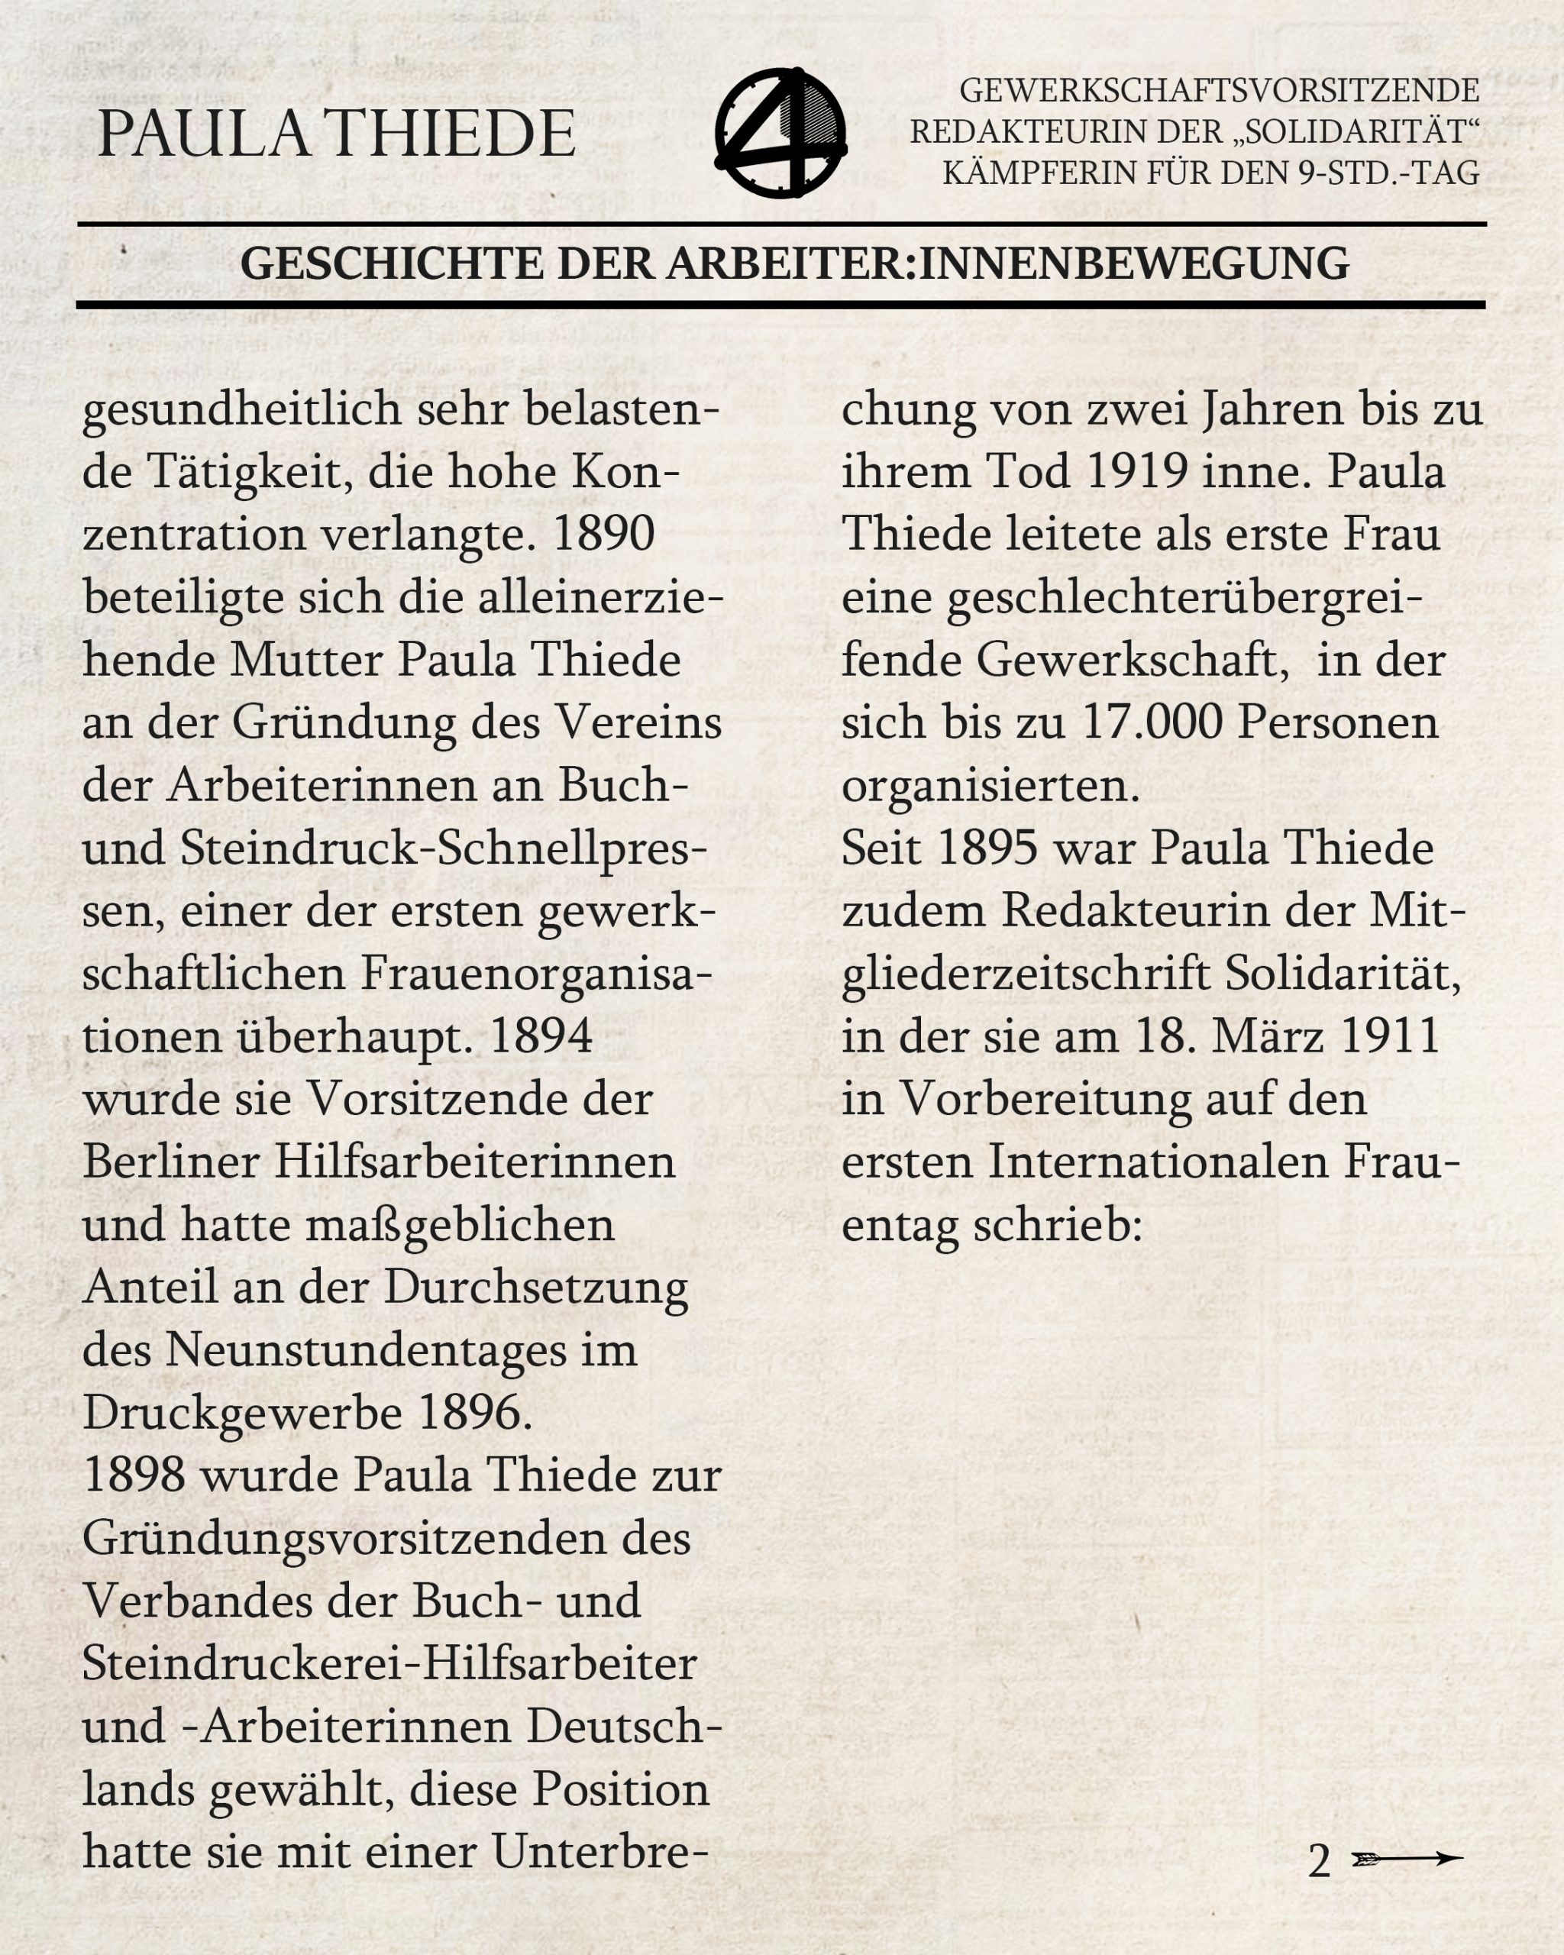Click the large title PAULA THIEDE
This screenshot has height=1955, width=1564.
click(x=336, y=134)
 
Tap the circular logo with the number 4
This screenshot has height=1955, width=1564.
click(x=780, y=132)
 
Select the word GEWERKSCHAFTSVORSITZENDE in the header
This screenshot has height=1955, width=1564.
click(x=1220, y=92)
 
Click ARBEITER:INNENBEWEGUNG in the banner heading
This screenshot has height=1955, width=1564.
click(x=1008, y=264)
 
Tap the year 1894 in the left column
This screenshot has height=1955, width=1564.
click(x=541, y=1036)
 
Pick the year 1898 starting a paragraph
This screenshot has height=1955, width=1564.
click(x=134, y=1475)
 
